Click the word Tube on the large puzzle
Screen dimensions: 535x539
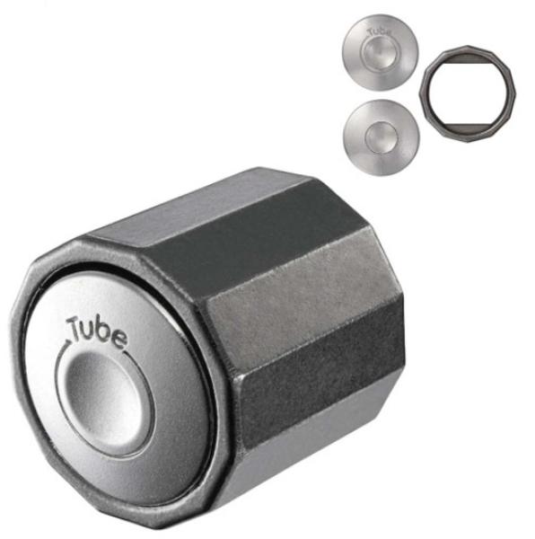click(97, 331)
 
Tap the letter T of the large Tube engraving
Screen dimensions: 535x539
click(75, 327)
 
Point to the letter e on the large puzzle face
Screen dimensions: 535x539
click(118, 340)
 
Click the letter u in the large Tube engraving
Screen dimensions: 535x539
click(91, 331)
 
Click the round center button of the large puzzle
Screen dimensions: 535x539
click(104, 400)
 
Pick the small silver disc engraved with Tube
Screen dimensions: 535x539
click(380, 52)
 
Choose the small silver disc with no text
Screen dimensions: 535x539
click(381, 137)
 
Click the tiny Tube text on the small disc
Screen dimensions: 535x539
click(379, 32)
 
